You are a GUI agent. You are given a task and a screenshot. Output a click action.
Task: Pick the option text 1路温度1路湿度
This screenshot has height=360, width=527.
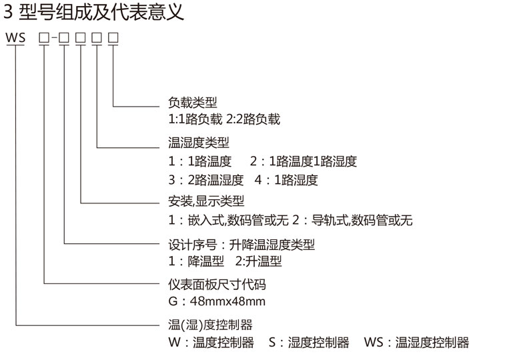[313, 161]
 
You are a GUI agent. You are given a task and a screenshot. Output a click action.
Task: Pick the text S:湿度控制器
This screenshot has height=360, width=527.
[309, 343]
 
